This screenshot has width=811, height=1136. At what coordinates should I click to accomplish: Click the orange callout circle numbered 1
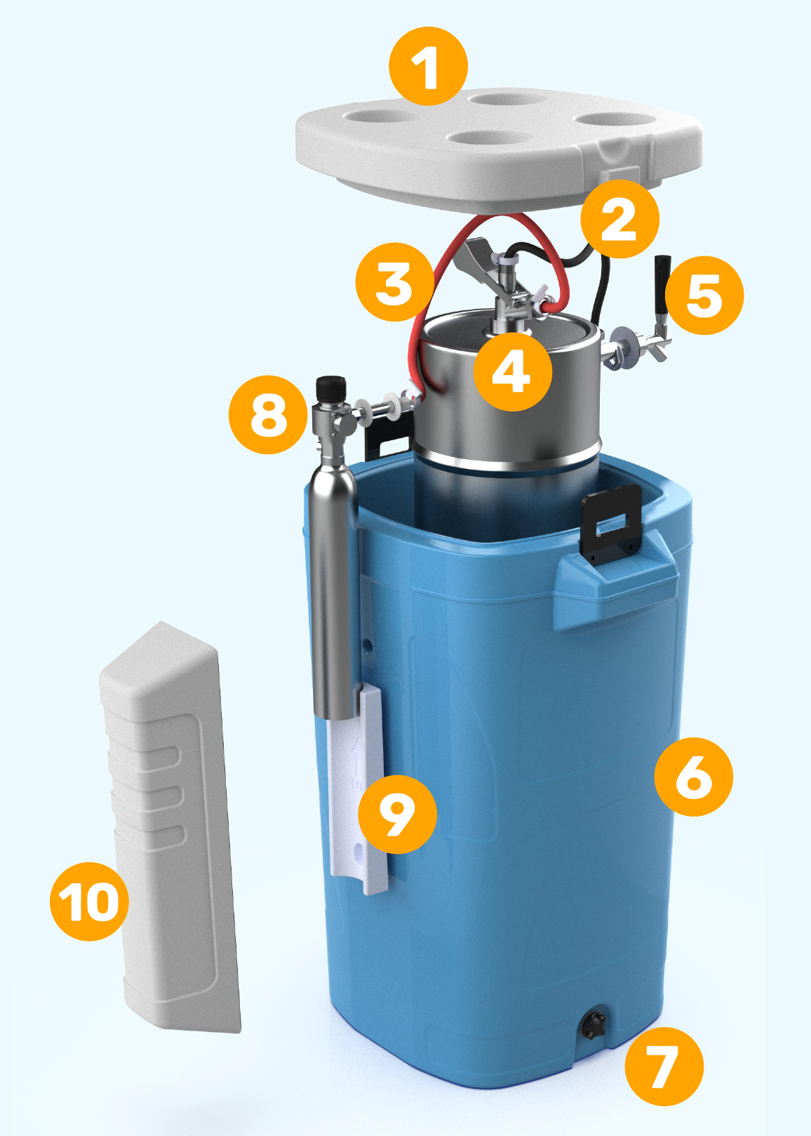pos(429,67)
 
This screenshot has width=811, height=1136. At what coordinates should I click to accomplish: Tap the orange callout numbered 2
pos(619,219)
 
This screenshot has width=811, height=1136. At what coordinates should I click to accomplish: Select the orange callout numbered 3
pos(395,282)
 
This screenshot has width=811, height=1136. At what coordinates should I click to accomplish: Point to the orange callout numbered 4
pos(512,371)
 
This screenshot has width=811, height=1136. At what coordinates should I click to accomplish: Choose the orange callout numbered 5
pos(704,295)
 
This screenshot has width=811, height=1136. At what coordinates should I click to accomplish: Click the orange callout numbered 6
pos(694,777)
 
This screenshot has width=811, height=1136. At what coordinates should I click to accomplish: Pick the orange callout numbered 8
pos(269,415)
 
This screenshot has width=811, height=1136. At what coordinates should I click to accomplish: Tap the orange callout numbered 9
pos(397,814)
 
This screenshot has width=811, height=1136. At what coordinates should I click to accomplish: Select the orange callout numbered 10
pos(89,901)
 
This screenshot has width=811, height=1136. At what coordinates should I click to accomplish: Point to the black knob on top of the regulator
pos(331,390)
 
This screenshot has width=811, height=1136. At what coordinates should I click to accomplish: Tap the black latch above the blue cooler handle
pos(612,523)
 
